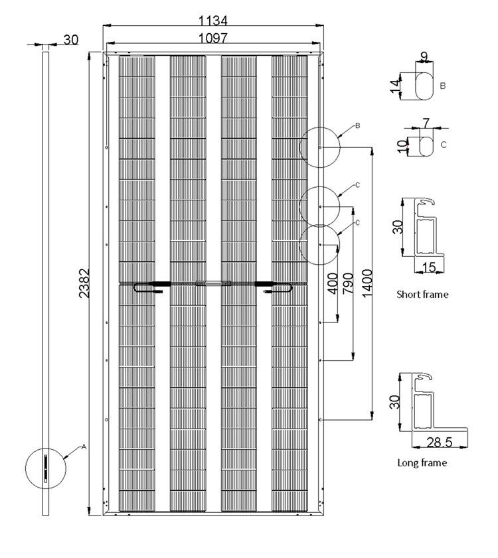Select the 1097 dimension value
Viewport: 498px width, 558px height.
point(213,38)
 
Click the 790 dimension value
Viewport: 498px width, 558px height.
point(347,284)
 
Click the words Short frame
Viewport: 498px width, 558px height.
point(422,294)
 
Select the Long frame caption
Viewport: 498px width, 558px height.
point(422,462)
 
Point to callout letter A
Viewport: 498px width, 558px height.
point(84,447)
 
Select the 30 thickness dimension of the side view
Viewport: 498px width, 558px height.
point(71,40)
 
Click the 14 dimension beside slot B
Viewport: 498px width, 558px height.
point(396,86)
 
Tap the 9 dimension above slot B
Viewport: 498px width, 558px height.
point(424,56)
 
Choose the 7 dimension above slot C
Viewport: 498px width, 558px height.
point(426,122)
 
